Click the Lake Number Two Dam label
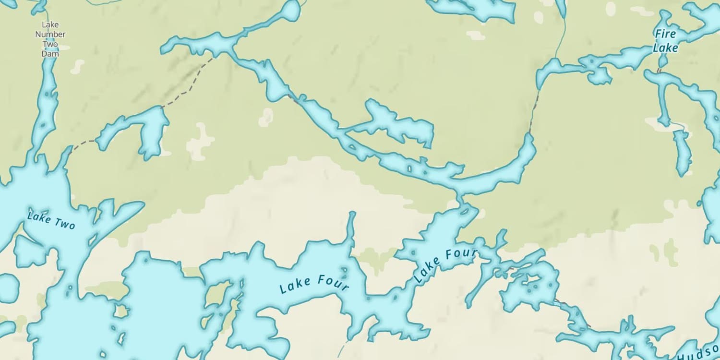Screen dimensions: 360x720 coord(50,39)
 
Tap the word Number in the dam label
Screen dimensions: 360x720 coord(50,35)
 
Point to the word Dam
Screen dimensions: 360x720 coord(50,54)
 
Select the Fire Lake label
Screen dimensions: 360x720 coord(665,41)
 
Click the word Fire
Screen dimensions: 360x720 coord(665,34)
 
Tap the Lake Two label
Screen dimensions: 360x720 coord(51,220)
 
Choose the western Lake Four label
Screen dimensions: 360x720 coord(314,284)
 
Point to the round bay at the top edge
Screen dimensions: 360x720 coord(291,11)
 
